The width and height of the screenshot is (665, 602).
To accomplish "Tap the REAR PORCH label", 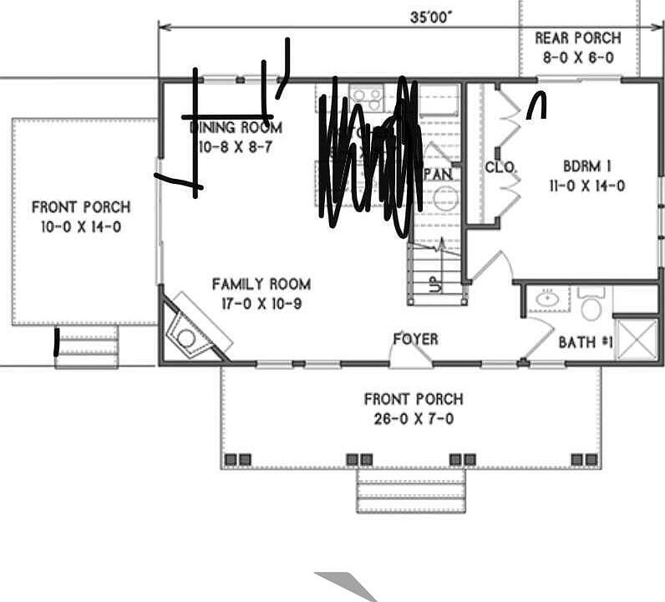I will pos(577,38).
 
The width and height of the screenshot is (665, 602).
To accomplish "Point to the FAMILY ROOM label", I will pos(261,284).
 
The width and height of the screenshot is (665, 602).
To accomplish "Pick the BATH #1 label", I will pos(586,342).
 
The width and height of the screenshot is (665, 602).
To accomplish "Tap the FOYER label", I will pos(415,339).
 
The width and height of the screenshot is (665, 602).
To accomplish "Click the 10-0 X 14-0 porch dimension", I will pos(81,227).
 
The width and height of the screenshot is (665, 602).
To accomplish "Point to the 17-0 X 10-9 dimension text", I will pos(261,304).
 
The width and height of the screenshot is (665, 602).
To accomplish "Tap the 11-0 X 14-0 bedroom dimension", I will pos(586,186).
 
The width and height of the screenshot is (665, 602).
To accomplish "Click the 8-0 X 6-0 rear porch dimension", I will pos(577,58).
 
